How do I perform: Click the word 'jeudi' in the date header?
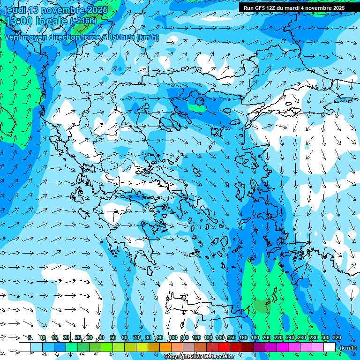[15, 10]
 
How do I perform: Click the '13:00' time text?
[18, 21]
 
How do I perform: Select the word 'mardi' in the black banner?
[292, 8]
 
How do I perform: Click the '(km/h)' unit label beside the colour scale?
[348, 348]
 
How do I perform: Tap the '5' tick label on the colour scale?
[30, 338]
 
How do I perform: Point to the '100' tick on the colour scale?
[173, 338]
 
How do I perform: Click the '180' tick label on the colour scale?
[255, 338]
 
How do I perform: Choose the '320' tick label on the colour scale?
[337, 338]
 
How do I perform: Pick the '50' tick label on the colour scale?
[113, 338]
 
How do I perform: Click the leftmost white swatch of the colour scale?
[25, 347]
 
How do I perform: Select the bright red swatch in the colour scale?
[224, 347]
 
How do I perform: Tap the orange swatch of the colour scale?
[165, 347]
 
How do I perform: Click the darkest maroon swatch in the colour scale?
[247, 347]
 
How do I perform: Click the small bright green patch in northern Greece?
[196, 106]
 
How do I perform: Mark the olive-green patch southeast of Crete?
[261, 307]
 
